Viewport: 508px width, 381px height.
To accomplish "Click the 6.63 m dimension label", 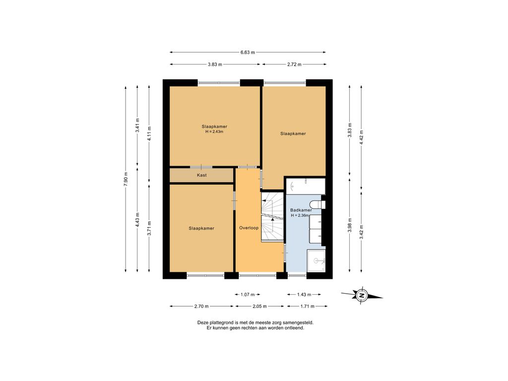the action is [x=248, y=52].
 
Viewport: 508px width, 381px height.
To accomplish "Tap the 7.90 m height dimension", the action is [x=126, y=178].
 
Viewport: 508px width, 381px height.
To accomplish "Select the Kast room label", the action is [x=201, y=175].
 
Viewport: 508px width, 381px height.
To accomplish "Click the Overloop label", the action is [x=249, y=228].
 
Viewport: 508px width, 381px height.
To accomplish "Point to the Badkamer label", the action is [x=301, y=210].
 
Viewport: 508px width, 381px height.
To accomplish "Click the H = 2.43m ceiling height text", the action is [x=214, y=132].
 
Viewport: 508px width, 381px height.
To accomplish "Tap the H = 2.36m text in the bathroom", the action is [x=300, y=215].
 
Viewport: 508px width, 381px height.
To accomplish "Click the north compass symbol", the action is [x=362, y=295].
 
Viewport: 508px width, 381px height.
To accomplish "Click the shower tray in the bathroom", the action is [x=316, y=260].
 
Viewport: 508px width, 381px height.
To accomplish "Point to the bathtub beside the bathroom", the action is [x=306, y=186].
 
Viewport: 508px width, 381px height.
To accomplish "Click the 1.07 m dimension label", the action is [x=248, y=295].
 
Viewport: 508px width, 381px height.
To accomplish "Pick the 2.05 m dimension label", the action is [x=260, y=306].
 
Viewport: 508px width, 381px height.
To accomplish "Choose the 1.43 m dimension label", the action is [x=304, y=295].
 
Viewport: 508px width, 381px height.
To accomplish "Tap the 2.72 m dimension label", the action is [x=294, y=64].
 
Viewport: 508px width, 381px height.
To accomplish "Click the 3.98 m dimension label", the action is [x=350, y=225].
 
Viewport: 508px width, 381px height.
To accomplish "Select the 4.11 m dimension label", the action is [x=149, y=133].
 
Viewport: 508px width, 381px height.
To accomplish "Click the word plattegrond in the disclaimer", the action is [x=222, y=322].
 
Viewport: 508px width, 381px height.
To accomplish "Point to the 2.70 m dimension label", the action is [x=201, y=306].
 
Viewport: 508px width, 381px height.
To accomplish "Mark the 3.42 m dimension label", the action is [x=361, y=232].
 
